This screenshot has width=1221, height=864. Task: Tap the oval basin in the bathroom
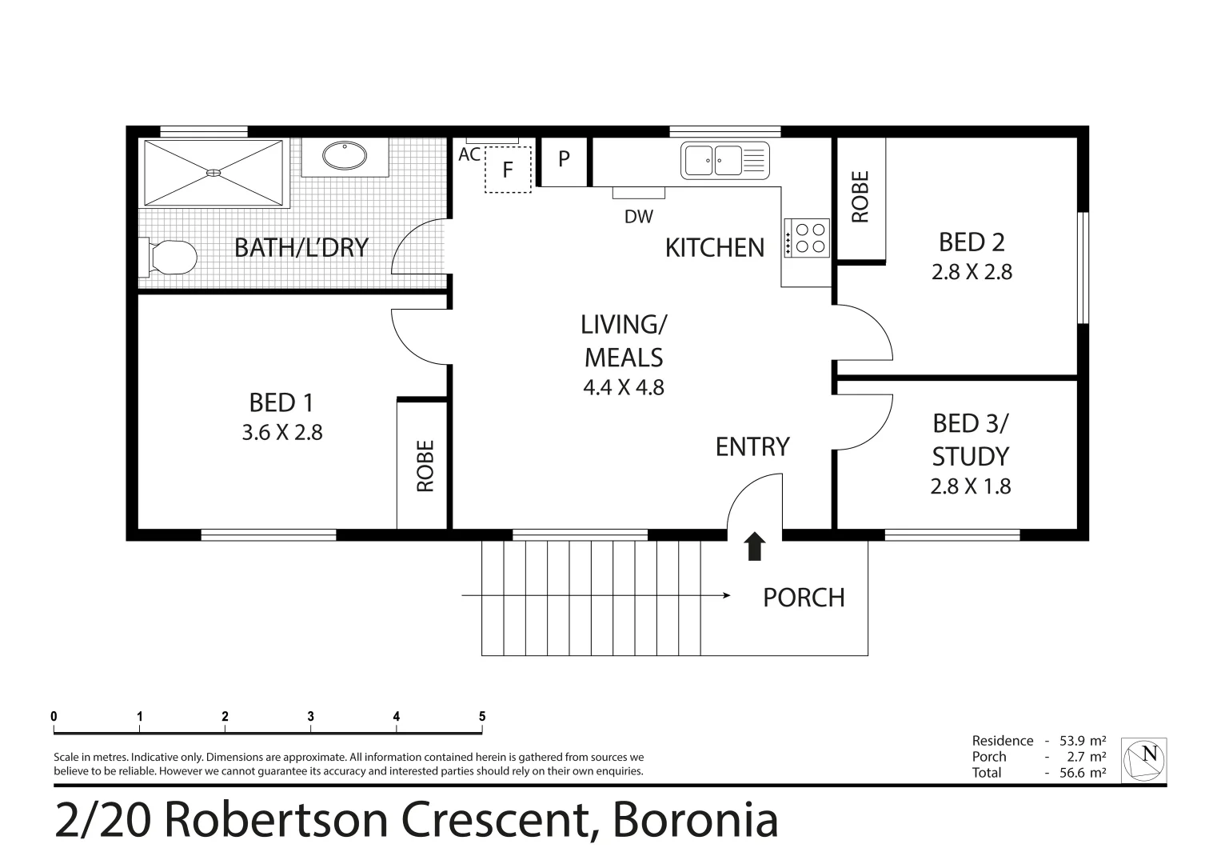(345, 155)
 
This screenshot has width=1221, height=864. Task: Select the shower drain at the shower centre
(213, 172)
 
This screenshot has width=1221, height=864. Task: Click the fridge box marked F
(508, 170)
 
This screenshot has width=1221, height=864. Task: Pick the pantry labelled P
(564, 159)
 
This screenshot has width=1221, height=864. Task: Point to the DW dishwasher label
(639, 216)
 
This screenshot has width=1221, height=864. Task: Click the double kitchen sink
(724, 160)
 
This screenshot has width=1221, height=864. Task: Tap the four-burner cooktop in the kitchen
(808, 238)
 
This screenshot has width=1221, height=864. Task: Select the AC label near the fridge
(469, 154)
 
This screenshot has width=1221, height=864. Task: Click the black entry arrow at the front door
(755, 547)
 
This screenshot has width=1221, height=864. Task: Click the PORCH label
(804, 598)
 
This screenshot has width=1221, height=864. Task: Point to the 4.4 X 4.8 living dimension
(624, 388)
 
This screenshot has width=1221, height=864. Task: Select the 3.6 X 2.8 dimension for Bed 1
(281, 433)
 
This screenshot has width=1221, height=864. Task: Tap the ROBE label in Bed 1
(425, 466)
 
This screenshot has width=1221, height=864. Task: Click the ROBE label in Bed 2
(860, 198)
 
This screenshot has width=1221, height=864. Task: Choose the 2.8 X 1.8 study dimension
(970, 486)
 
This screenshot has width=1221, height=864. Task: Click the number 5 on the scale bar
(481, 717)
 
